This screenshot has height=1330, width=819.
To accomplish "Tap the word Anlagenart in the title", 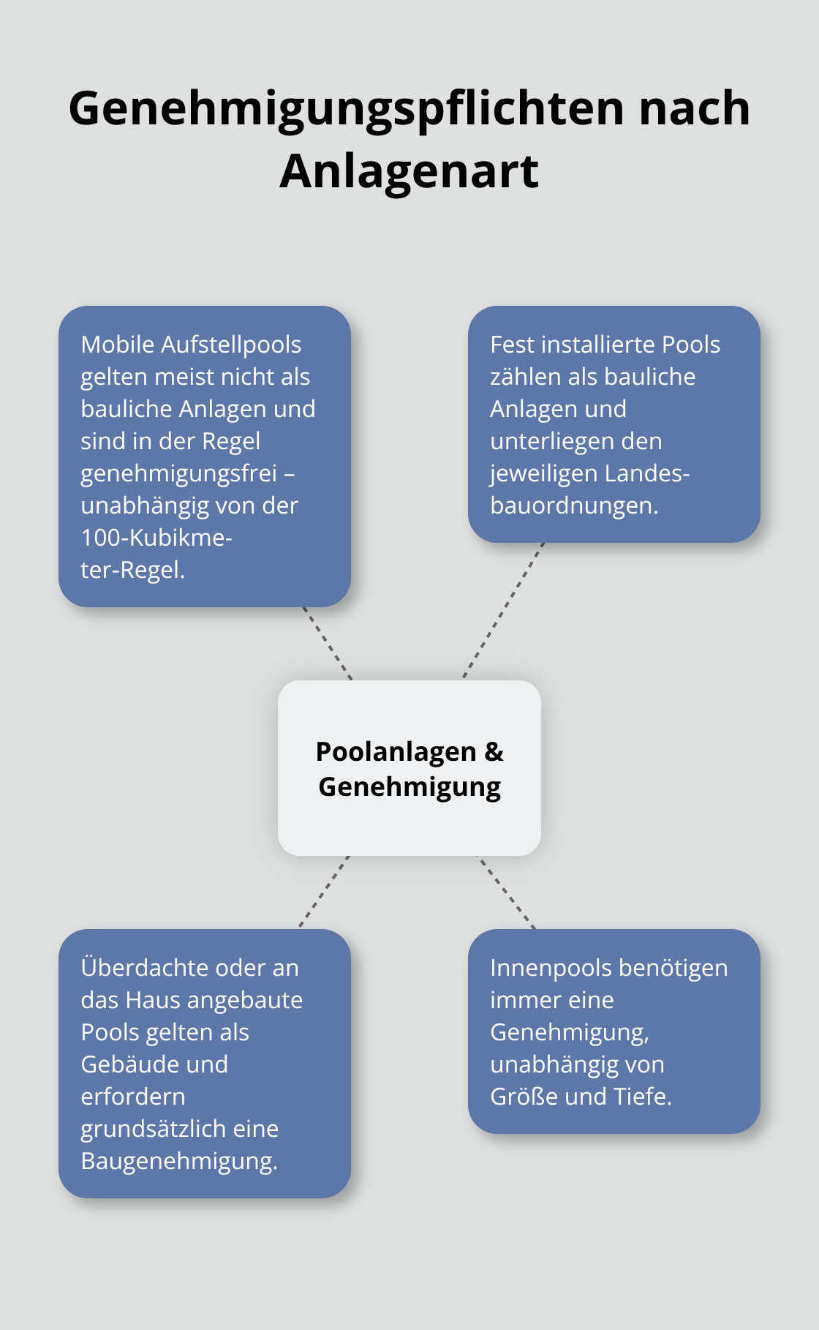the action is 409,172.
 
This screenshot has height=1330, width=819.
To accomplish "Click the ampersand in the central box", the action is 494,752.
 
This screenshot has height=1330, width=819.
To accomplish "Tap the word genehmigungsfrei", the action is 178,473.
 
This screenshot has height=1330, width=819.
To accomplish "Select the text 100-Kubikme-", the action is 156,538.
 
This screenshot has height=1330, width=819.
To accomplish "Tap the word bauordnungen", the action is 574,506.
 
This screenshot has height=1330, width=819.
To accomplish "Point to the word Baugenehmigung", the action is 179,1161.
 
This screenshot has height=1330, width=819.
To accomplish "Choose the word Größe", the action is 526,1097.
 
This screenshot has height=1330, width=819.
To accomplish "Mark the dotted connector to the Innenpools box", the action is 507,893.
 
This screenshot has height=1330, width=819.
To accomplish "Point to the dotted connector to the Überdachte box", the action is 324,892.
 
